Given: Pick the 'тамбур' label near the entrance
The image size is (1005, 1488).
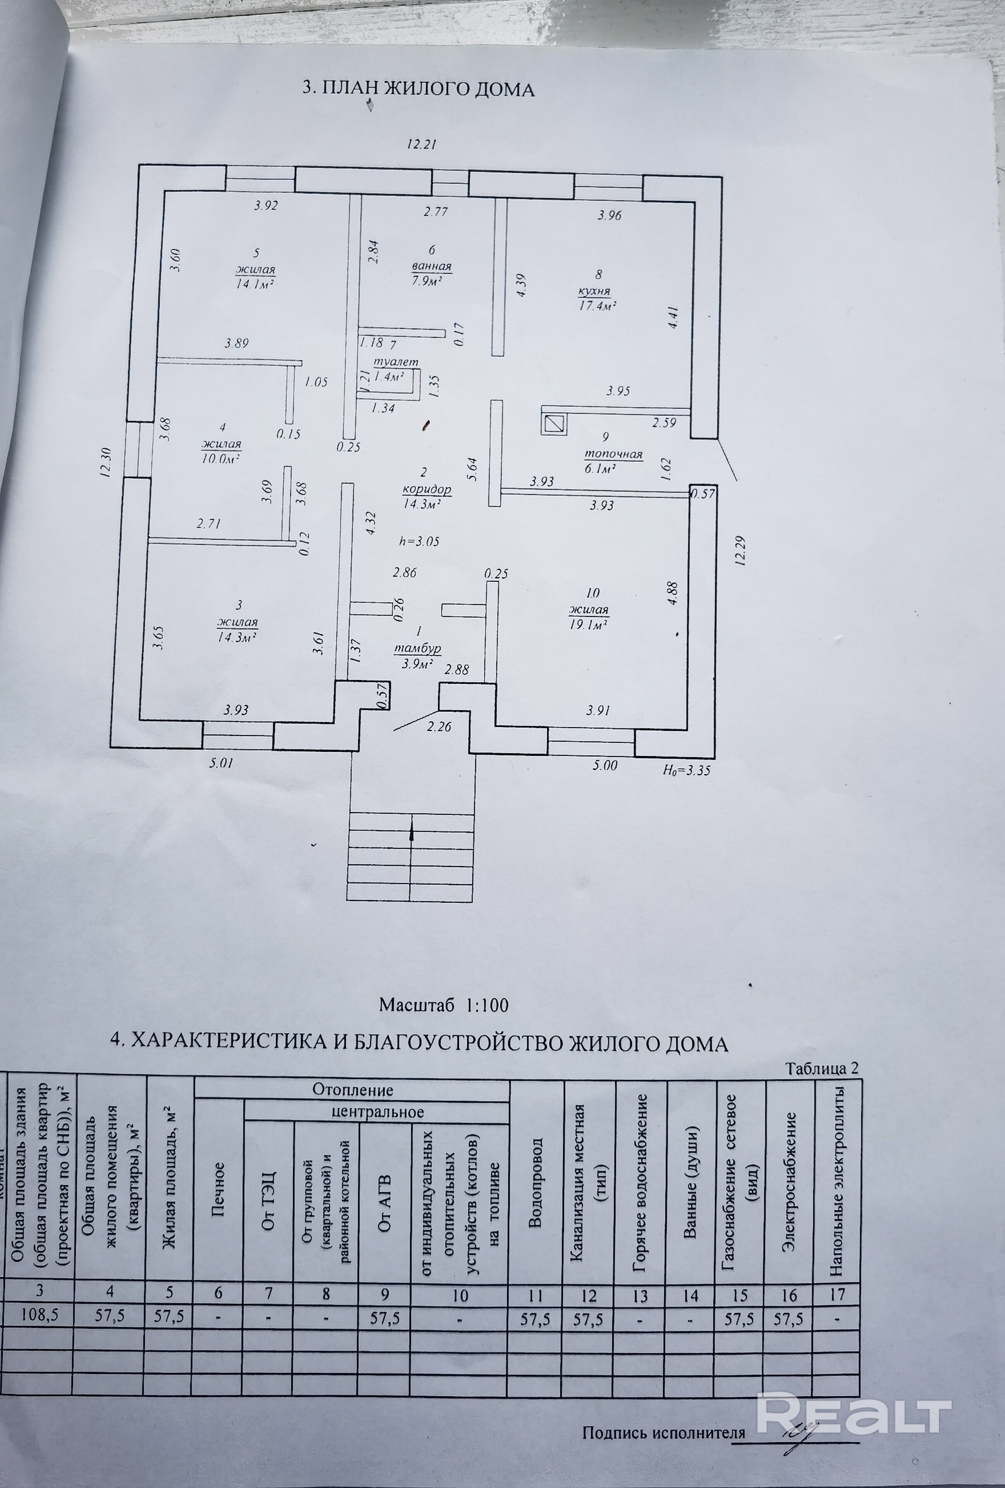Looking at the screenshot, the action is (417, 648).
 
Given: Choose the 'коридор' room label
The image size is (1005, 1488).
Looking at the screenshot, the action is (427, 489).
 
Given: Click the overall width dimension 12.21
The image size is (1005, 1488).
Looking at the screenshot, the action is (421, 145).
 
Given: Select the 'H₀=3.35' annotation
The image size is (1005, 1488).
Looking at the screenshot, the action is (687, 770).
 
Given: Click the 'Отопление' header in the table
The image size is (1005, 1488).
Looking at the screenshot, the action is (352, 1089).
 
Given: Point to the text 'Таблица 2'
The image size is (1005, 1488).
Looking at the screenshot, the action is (822, 1068).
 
